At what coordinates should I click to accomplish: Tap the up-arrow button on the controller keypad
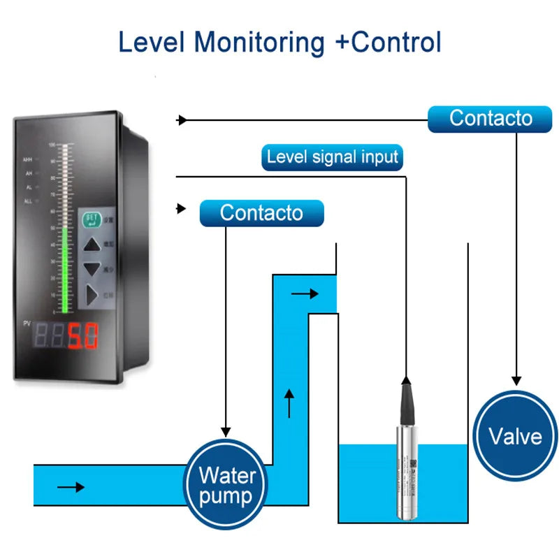coord(92,244)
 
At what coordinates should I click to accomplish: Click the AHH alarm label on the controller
coord(28,159)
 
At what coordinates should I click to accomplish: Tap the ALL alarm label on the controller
coord(28,201)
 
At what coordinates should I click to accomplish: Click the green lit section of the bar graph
coord(66,269)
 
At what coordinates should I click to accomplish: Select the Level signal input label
coord(332,157)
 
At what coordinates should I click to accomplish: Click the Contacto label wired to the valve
coord(490,118)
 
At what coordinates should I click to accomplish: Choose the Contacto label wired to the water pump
coord(261,212)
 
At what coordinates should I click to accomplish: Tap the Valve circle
coord(515,436)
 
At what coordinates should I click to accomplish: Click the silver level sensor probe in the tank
coord(405,475)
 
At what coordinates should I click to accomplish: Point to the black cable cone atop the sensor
coord(405,398)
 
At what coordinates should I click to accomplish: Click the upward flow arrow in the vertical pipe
coord(290,402)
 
